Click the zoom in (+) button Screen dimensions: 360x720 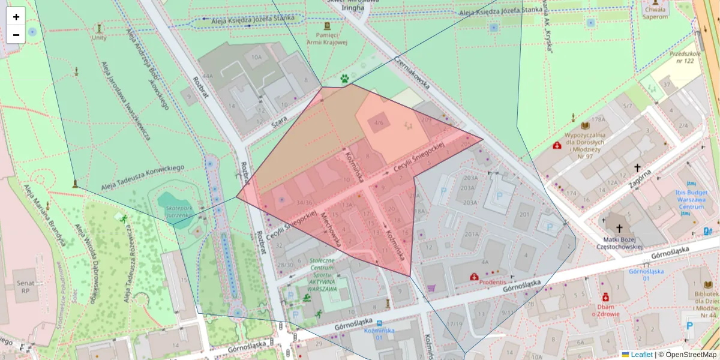coord(16,16)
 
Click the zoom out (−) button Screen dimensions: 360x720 coord(16,34)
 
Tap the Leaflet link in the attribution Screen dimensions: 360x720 coord(641,355)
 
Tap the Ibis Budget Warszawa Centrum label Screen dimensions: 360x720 coord(691,200)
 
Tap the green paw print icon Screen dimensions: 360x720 coord(344,78)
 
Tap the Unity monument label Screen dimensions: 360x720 coord(99,37)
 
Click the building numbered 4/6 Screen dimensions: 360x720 coord(379,122)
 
